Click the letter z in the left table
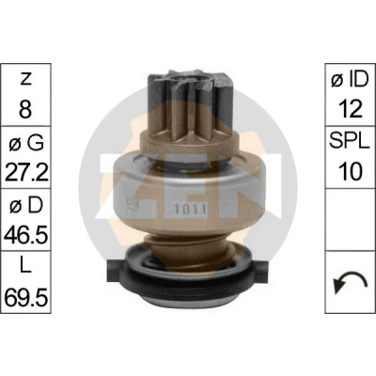[25, 80]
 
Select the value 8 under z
[25, 108]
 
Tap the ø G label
[26, 143]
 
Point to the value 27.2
[26, 172]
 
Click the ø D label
[26, 206]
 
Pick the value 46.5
[26, 234]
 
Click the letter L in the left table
[25, 266]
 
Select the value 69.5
[26, 296]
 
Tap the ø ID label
[350, 80]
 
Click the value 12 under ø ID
[350, 108]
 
